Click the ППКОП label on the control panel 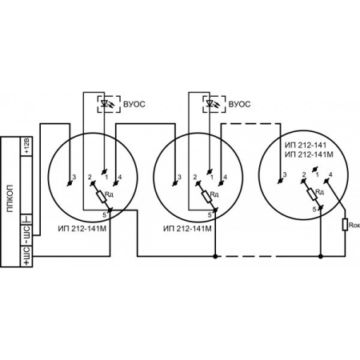click(10, 198)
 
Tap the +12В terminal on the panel click(26, 146)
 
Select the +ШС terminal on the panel click(26, 256)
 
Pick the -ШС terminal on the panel click(26, 235)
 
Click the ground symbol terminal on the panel click(26, 219)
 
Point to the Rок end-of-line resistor click(345, 225)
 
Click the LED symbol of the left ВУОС click(105, 103)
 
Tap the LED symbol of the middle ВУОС click(210, 103)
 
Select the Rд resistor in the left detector click(102, 196)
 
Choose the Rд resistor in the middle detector click(206, 196)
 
